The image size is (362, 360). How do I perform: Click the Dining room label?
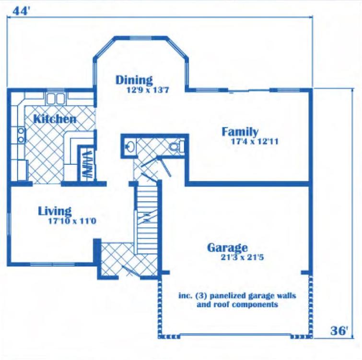tap(134, 80)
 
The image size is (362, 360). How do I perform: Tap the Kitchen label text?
tap(55, 119)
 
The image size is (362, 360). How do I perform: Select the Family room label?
tap(240, 132)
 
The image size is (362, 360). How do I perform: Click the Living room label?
tap(55, 211)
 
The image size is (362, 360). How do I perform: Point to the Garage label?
tap(227, 248)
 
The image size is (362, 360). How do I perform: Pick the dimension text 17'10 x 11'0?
tap(66, 221)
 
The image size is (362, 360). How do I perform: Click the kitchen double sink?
tap(57, 99)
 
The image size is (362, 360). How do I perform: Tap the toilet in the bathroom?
tap(177, 146)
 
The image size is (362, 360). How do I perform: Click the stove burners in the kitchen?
tap(21, 135)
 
